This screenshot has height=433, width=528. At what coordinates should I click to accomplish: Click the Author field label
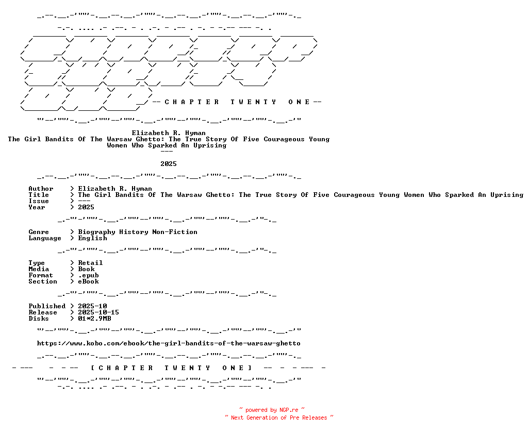pyautogui.click(x=41, y=189)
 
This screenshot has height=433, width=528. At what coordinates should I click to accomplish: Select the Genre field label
pyautogui.click(x=39, y=232)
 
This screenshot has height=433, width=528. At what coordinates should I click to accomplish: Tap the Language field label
pyautogui.click(x=45, y=238)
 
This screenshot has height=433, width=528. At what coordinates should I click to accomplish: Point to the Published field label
pyautogui.click(x=47, y=306)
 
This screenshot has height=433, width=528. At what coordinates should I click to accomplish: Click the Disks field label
pyautogui.click(x=39, y=319)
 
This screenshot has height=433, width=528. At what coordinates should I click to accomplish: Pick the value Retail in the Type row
pyautogui.click(x=90, y=262)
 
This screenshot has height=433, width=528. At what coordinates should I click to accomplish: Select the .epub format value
pyautogui.click(x=88, y=275)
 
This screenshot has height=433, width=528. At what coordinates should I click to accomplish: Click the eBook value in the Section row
pyautogui.click(x=88, y=281)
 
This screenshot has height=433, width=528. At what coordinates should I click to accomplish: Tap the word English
pyautogui.click(x=92, y=238)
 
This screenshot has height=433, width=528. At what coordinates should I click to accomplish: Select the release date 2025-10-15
pyautogui.click(x=98, y=312)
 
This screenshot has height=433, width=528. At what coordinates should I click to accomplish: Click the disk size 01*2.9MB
pyautogui.click(x=94, y=319)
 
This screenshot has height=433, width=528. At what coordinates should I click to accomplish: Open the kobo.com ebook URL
pyautogui.click(x=169, y=343)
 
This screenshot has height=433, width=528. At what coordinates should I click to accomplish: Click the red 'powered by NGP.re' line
pyautogui.click(x=272, y=410)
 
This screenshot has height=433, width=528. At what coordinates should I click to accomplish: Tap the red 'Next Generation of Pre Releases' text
pyautogui.click(x=279, y=418)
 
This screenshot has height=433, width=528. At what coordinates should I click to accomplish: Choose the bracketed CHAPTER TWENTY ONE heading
pyautogui.click(x=171, y=368)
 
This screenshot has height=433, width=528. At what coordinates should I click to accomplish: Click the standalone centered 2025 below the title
pyautogui.click(x=169, y=163)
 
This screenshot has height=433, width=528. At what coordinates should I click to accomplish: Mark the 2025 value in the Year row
pyautogui.click(x=86, y=207)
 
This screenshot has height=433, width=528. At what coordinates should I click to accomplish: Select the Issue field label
pyautogui.click(x=39, y=201)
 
